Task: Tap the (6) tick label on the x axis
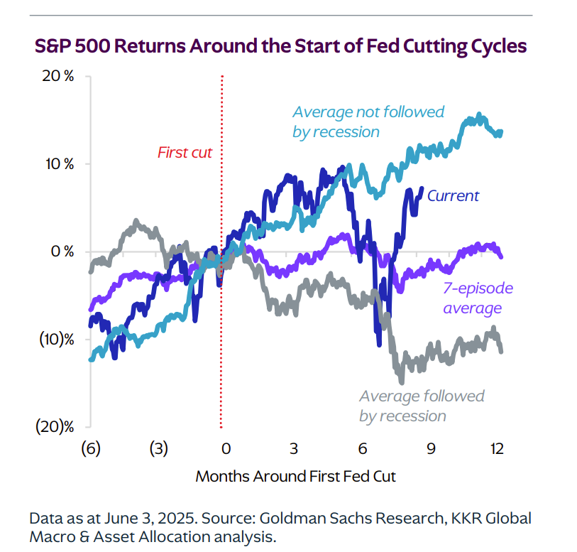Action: pos(90,449)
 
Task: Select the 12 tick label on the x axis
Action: pos(497,449)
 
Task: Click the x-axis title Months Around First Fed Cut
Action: pos(295,476)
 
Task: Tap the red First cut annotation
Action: pos(185,152)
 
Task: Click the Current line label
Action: pos(454,196)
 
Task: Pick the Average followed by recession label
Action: pos(422,406)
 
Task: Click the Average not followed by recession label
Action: pos(368,121)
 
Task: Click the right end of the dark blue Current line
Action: pos(422,189)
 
